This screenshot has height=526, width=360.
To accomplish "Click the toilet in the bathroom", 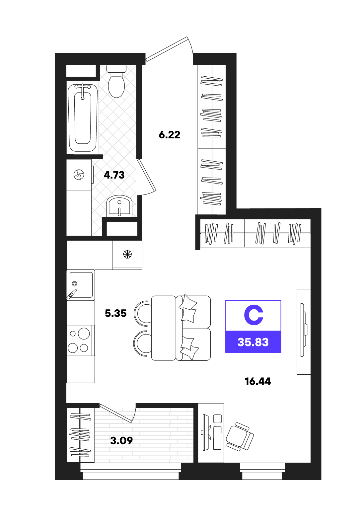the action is tap(116, 81).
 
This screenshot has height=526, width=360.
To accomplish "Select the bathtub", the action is tap(83, 118).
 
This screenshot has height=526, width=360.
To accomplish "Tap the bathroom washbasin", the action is tap(119, 206).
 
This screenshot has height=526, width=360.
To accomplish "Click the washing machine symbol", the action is tap(79, 175).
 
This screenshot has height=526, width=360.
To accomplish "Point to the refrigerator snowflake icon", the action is tap(127, 254).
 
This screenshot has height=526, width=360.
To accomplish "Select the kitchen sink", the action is tap(81, 285).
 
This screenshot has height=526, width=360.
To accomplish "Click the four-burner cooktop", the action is tap(79, 340).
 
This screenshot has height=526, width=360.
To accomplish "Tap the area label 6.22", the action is tap(170, 135).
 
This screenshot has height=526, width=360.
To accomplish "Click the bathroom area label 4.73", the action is tap(114, 175).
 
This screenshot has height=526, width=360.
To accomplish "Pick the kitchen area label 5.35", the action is tap(116, 313).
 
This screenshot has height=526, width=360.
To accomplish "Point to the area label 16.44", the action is tap(258, 381).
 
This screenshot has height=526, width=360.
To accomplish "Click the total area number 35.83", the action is tap(253, 342).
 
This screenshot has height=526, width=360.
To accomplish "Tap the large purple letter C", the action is tap(253, 315).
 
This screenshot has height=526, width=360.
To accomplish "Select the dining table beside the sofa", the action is tap(164, 328).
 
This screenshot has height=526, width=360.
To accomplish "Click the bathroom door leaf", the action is tap(147, 175).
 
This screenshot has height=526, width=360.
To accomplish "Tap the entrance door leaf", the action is tap(167, 49).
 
